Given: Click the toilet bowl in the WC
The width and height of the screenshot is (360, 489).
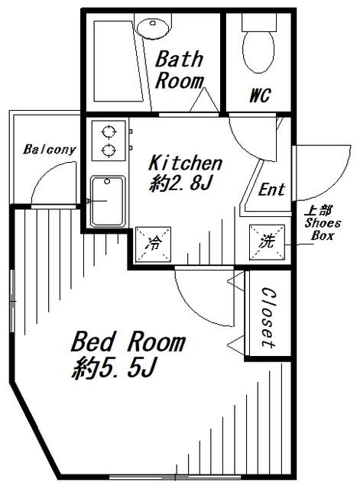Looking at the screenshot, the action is pos(258,52).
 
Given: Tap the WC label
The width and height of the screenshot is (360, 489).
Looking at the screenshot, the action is pos(260,95).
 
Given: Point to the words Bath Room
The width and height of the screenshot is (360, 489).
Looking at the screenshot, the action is pos(180,70).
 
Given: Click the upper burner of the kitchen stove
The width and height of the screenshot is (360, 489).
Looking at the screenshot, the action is pos(109,131).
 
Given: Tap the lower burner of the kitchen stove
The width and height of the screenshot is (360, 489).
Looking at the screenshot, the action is pos(109,151).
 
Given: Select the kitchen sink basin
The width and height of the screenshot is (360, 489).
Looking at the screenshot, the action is pos(108,201).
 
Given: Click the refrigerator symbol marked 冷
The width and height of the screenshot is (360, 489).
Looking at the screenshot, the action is pos(153,244).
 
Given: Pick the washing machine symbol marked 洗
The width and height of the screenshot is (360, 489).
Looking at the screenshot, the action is pos(267,242).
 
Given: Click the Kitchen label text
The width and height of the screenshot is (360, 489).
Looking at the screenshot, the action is pos(185,163).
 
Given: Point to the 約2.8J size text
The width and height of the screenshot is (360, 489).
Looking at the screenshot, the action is pos(181,183).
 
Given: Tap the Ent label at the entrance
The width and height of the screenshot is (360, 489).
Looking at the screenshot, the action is pos(271,189).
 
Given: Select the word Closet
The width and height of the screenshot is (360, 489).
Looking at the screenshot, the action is pos(268,318).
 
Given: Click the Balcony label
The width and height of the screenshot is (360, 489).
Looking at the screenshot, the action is pos(50,150).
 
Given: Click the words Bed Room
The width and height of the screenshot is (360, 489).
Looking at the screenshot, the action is pos(128,342).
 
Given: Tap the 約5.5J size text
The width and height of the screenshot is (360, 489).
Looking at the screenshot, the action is pos(114,368).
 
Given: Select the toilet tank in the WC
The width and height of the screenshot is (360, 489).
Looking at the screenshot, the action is pos(259,22).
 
